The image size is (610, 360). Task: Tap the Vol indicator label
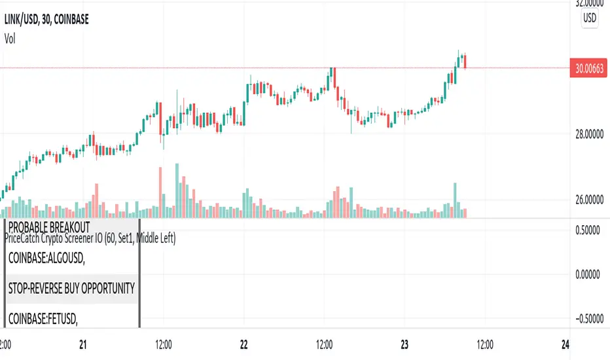[x=10, y=39]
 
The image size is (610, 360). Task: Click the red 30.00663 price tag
[x=589, y=68]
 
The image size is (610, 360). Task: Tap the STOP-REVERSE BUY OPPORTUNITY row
[x=72, y=288]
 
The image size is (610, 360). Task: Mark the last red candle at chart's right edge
[x=465, y=62]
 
